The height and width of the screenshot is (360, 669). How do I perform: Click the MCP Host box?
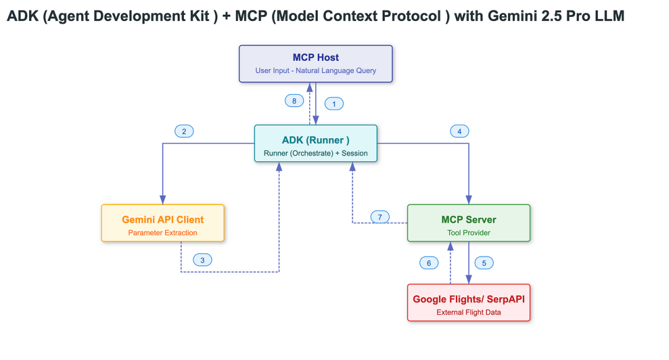[x=316, y=63]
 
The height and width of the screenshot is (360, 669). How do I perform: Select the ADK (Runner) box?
[x=316, y=143]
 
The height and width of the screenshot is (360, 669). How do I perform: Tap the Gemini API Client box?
[x=163, y=223]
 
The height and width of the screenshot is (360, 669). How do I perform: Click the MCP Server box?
[x=469, y=223]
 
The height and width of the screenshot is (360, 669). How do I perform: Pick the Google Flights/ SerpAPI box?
[x=469, y=302]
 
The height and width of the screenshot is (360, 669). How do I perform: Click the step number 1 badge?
[x=334, y=104]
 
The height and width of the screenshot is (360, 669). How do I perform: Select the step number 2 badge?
[x=184, y=131]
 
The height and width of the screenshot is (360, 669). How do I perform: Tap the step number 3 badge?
[x=202, y=260]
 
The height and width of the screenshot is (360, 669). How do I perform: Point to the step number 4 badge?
[x=459, y=131]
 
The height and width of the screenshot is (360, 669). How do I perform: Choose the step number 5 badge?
[x=484, y=263]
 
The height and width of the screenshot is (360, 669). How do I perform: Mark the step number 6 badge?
[x=429, y=263]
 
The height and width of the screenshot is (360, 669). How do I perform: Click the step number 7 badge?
[x=380, y=217]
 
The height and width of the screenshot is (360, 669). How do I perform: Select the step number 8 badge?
[x=294, y=100]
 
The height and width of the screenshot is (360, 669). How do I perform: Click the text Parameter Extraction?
[x=163, y=233]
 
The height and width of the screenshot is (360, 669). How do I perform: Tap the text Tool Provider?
[x=469, y=233]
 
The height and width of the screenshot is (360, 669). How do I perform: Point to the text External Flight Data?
[x=469, y=312]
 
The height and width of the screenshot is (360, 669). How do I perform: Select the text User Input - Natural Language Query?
[x=316, y=71]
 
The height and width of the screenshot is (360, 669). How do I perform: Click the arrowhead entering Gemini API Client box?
[x=163, y=200]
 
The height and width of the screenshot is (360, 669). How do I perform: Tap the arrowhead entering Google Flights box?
[x=469, y=279]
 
